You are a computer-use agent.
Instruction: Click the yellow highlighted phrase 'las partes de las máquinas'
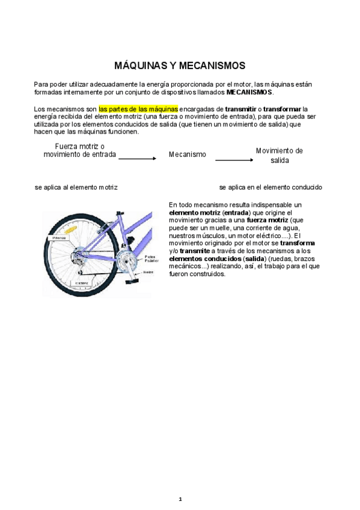[x=138, y=109]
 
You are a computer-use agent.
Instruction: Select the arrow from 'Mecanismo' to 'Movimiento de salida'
[x=234, y=160]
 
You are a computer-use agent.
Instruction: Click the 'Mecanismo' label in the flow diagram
[x=187, y=155]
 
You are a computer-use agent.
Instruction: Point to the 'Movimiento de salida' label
[x=279, y=156]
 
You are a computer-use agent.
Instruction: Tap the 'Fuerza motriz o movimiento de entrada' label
[x=79, y=150]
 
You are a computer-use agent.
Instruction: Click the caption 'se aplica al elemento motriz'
[x=76, y=188]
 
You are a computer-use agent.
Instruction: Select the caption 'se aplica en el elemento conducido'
[x=270, y=188]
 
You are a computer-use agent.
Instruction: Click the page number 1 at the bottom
[x=180, y=499]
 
